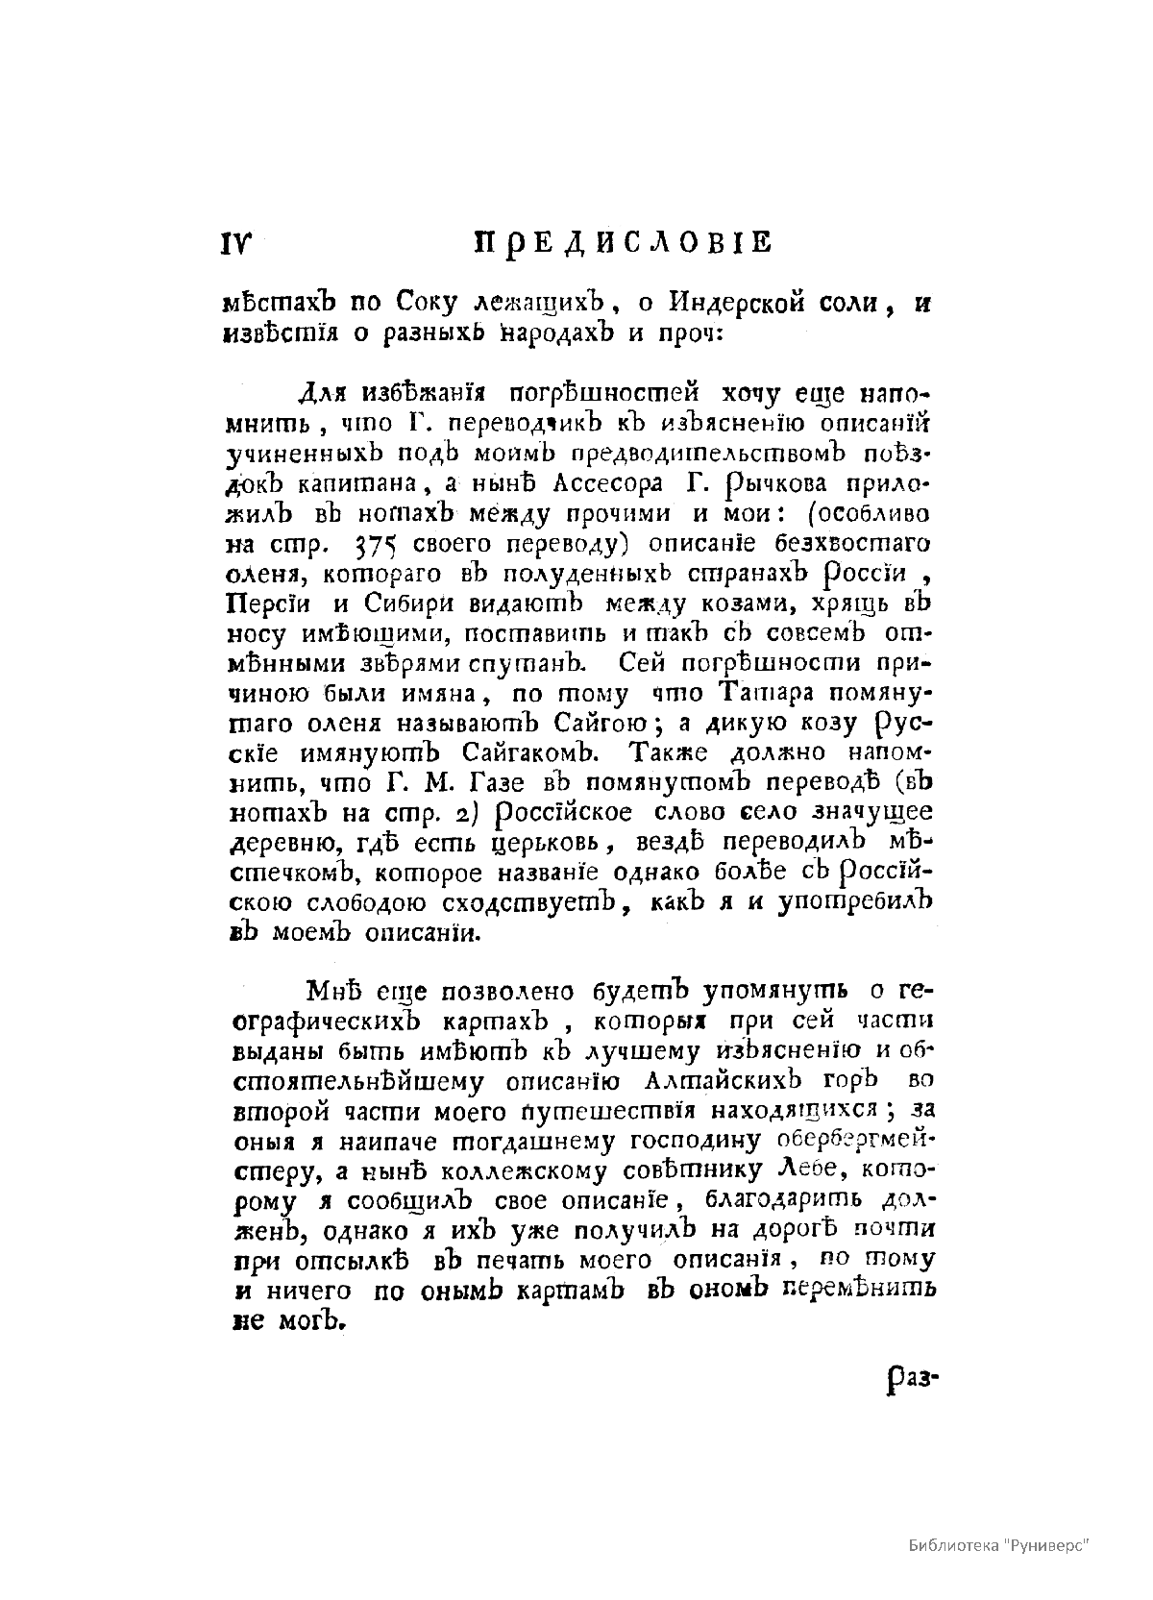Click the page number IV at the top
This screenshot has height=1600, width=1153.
tap(235, 244)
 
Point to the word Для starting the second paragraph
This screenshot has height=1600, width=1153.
tap(322, 395)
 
